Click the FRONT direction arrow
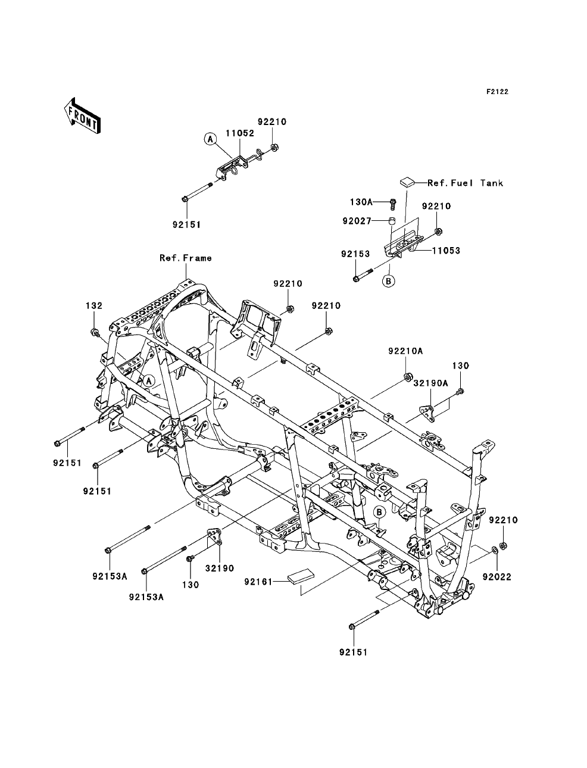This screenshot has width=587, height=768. pyautogui.click(x=82, y=116)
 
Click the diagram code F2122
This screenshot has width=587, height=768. pyautogui.click(x=497, y=92)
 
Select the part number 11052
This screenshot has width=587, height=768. pyautogui.click(x=240, y=133)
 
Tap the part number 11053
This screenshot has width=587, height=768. pyautogui.click(x=446, y=251)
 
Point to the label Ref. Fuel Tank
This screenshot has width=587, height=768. pyautogui.click(x=466, y=183)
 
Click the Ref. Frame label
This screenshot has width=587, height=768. pyautogui.click(x=186, y=258)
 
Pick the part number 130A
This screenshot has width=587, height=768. pyautogui.click(x=361, y=202)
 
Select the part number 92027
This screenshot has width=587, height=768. pyautogui.click(x=357, y=221)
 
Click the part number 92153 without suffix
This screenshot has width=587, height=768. pyautogui.click(x=355, y=254)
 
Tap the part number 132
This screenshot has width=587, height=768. pyautogui.click(x=94, y=306)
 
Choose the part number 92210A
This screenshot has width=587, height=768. pyautogui.click(x=405, y=351)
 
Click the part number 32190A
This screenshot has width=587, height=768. pyautogui.click(x=430, y=383)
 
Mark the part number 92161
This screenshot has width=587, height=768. pyautogui.click(x=258, y=582)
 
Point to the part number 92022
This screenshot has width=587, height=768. pyautogui.click(x=497, y=577)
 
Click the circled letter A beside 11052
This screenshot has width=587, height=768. pyautogui.click(x=210, y=139)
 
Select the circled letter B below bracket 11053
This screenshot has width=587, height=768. pyautogui.click(x=389, y=281)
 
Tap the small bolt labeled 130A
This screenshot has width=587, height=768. pyautogui.click(x=393, y=204)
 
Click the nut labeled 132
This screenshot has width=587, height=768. pyautogui.click(x=93, y=332)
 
